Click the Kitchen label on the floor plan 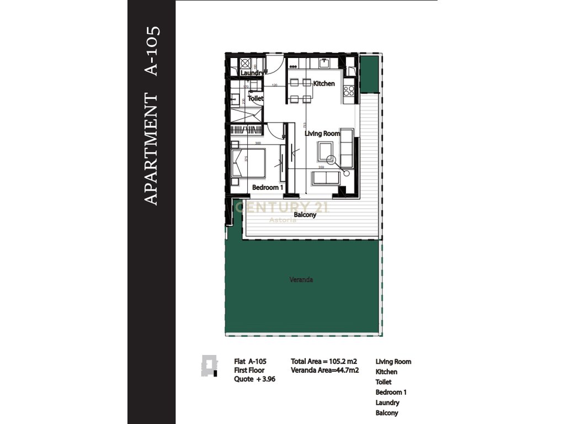click(x=324, y=83)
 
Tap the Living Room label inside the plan click(x=322, y=133)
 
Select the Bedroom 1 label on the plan click(x=267, y=188)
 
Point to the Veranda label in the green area click(x=301, y=280)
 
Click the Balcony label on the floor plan click(x=305, y=215)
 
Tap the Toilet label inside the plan click(x=255, y=98)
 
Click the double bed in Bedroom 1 click(x=248, y=162)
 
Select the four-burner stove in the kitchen click(x=349, y=91)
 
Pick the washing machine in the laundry click(x=246, y=62)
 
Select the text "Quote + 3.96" click(x=254, y=379)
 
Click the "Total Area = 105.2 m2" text click(x=324, y=362)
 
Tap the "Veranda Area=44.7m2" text click(x=325, y=370)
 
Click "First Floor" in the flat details click(x=249, y=370)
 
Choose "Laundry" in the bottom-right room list click(x=387, y=402)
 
